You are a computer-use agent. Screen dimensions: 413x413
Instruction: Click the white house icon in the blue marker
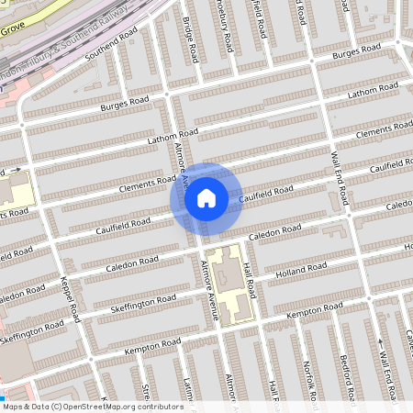point(206,197)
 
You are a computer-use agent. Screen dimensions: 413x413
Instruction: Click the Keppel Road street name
point(75,298)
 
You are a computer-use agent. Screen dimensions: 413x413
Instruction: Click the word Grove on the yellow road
point(12,30)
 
